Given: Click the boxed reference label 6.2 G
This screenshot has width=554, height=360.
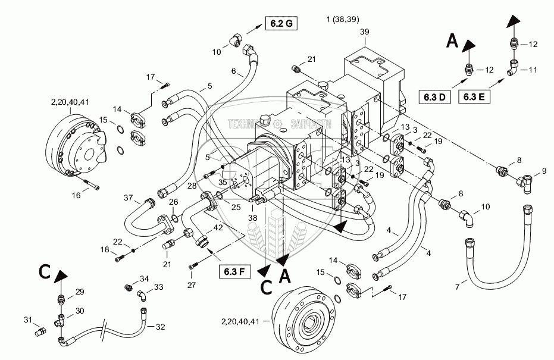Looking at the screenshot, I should tap(280, 24).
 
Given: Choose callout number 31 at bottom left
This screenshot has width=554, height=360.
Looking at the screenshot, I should tap(28, 321).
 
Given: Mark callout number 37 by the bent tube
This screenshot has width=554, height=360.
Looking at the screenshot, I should tap(127, 198).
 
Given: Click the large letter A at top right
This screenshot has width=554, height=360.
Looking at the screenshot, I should tap(452, 40).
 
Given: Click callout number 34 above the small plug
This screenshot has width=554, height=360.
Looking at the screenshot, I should tap(143, 278).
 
